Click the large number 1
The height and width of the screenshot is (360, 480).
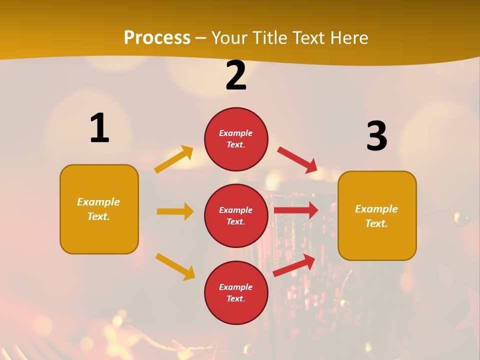pyautogui.click(x=99, y=128)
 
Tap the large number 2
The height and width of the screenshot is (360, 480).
pyautogui.click(x=236, y=75)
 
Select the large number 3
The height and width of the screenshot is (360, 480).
pyautogui.click(x=376, y=136)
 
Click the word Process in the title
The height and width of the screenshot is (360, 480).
pyautogui.click(x=157, y=37)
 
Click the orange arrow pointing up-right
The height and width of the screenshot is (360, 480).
pyautogui.click(x=174, y=159)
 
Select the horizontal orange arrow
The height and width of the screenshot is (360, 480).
pyautogui.click(x=175, y=211)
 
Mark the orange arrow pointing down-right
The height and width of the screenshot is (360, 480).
pyautogui.click(x=175, y=266)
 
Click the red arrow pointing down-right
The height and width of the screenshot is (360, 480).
pyautogui.click(x=297, y=160)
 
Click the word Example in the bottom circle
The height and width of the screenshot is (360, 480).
pyautogui.click(x=236, y=287)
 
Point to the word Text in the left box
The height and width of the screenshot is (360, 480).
pyautogui.click(x=98, y=216)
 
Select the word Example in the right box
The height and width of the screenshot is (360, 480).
pyautogui.click(x=376, y=209)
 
